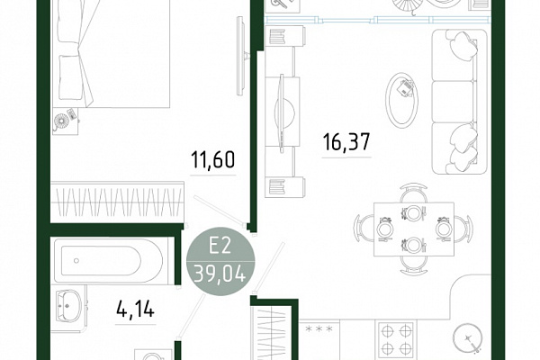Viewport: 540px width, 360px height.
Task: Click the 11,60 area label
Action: [x=212, y=159]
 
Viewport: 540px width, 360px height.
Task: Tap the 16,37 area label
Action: [x=346, y=142]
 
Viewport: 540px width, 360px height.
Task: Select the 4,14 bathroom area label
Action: [x=135, y=309]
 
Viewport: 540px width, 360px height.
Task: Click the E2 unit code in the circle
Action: [x=220, y=247]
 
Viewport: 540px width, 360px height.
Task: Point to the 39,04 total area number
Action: [x=220, y=274]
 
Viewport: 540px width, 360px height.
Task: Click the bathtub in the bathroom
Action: [x=112, y=260]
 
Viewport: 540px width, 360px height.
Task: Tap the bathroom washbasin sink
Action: [x=68, y=306]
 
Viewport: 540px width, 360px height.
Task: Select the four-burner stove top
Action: [x=396, y=339]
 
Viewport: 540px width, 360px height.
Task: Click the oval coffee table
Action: [x=401, y=100]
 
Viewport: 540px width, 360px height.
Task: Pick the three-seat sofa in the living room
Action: [x=459, y=102]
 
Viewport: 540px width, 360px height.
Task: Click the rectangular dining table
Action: [x=414, y=229]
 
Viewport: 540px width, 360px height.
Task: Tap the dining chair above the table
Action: [x=414, y=193]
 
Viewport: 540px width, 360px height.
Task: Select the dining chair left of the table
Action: [x=364, y=228]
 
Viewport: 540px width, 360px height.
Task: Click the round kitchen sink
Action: [x=468, y=338]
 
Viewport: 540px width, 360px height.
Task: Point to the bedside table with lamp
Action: [x=66, y=121]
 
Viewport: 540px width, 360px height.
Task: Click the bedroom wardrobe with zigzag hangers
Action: [x=117, y=202]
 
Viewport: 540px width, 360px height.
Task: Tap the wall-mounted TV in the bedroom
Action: [x=241, y=56]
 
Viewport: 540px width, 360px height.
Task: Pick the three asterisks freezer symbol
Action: [x=319, y=329]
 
